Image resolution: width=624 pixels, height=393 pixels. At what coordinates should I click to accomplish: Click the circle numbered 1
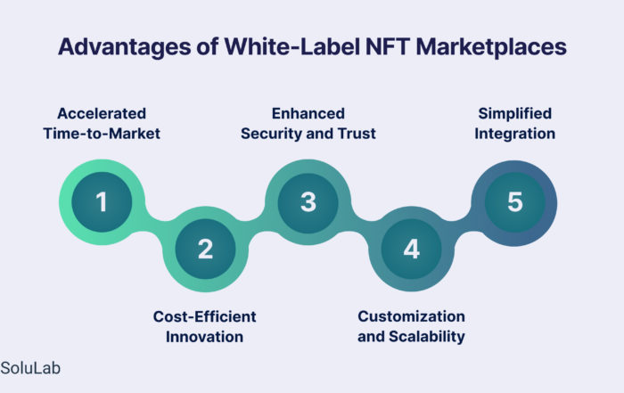[102, 201]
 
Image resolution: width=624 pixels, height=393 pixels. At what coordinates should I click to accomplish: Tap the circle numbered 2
[205, 249]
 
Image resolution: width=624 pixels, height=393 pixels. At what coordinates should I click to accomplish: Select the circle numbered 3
[308, 201]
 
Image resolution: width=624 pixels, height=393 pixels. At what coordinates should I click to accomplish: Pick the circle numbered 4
[412, 249]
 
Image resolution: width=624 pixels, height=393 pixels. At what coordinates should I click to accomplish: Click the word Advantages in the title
[125, 47]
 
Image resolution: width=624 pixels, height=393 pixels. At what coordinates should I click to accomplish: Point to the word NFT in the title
[387, 46]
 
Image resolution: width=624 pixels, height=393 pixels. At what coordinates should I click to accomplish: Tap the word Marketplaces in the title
[491, 47]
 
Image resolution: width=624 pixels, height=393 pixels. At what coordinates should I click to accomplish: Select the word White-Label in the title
[291, 46]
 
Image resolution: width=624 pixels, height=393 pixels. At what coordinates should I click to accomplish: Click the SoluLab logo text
[30, 368]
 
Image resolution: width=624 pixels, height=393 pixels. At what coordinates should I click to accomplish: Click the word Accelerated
[102, 113]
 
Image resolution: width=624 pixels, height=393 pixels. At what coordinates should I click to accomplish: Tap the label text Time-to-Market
[102, 134]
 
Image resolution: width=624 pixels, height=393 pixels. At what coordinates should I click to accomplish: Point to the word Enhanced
[308, 113]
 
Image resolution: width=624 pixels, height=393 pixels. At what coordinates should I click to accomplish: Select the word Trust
[357, 134]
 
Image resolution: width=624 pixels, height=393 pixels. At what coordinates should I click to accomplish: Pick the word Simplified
[515, 114]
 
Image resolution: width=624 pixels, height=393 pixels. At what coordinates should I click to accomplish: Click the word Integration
[515, 134]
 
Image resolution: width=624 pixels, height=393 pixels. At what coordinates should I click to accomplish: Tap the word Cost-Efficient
[204, 316]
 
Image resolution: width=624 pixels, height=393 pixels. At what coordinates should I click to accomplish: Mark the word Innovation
[204, 337]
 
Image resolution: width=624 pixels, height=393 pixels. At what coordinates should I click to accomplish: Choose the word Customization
[412, 316]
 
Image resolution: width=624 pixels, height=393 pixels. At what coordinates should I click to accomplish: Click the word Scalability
[427, 337]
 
